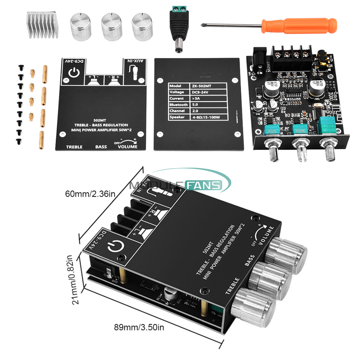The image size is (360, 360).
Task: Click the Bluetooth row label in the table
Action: click(x=178, y=105)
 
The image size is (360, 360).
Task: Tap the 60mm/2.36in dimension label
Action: click(x=90, y=194)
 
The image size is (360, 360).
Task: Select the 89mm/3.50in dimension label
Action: click(x=139, y=327)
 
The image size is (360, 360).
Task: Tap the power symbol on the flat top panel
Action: click(x=73, y=73)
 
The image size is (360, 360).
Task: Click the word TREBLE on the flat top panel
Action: click(x=74, y=147)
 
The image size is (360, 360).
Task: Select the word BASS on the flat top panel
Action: click(x=101, y=147)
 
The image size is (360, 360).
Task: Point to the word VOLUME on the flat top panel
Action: click(x=127, y=147)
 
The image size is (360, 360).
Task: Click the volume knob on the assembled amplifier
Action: click(x=286, y=255)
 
